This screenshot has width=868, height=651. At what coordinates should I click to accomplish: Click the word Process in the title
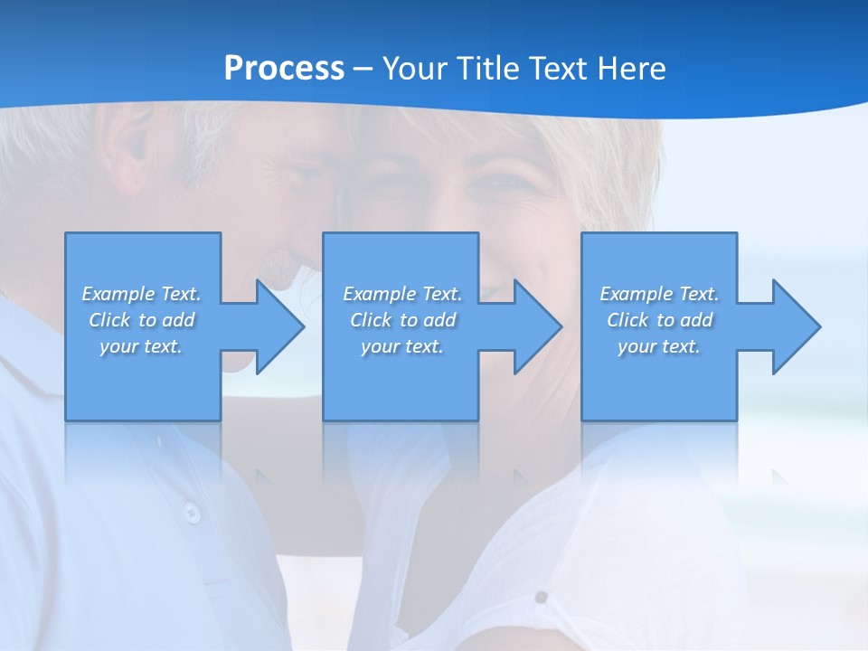pyautogui.click(x=284, y=68)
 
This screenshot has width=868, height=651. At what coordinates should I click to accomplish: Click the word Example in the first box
pyautogui.click(x=118, y=294)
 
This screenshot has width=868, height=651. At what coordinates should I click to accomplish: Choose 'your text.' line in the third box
pyautogui.click(x=658, y=346)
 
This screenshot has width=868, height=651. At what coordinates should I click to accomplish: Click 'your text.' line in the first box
pyautogui.click(x=141, y=346)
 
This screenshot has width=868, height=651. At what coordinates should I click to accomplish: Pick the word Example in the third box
pyautogui.click(x=636, y=294)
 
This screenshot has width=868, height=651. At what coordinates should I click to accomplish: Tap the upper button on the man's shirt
pyautogui.click(x=191, y=512)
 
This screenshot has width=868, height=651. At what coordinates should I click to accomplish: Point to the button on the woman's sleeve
pyautogui.click(x=541, y=597)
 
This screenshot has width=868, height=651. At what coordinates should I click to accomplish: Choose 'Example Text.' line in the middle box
pyautogui.click(x=402, y=294)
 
